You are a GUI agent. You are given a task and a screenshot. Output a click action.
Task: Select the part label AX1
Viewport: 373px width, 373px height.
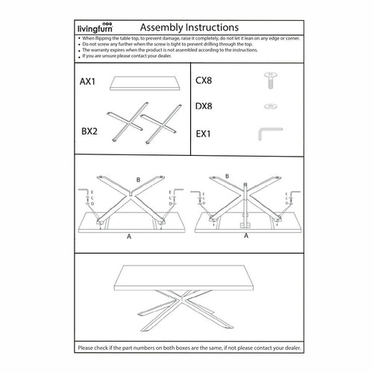(89, 81)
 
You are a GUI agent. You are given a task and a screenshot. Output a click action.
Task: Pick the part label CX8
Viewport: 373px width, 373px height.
(204, 80)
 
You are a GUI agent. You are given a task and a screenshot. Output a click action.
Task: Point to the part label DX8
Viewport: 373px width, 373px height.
(204, 106)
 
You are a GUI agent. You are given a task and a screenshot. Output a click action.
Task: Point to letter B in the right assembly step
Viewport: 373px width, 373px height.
(227, 177)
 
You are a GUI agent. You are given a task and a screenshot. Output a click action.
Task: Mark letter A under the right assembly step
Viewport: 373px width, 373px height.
(246, 235)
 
